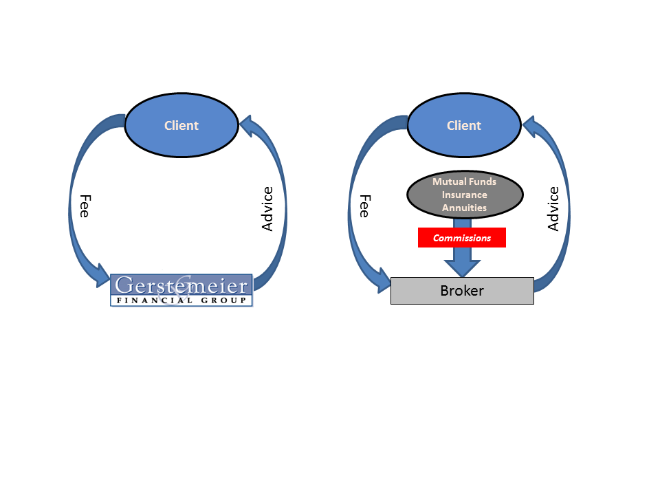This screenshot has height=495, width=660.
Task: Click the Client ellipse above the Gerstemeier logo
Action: click(181, 125)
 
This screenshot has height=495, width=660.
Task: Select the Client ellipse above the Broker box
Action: click(464, 125)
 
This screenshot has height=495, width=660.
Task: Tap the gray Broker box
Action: click(462, 290)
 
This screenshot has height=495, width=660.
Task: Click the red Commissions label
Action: click(462, 238)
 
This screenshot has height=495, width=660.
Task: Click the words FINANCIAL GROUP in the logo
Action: click(181, 300)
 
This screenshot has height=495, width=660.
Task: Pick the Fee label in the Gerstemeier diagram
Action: click(85, 206)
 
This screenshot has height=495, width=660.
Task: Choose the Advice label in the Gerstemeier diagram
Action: click(267, 209)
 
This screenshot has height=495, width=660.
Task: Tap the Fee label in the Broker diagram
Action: click(364, 206)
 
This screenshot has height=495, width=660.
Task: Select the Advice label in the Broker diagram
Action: click(553, 209)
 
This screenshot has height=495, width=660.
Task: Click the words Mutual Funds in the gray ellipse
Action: click(464, 181)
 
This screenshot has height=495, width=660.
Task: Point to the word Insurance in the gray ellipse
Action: click(464, 195)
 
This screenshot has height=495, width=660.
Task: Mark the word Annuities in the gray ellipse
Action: click(464, 208)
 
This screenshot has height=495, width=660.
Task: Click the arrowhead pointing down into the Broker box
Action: click(462, 268)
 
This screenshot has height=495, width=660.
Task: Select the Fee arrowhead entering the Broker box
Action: click(383, 280)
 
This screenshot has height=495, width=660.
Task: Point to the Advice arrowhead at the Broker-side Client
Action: click(531, 126)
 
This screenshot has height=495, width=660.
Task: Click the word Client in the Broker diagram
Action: click(464, 125)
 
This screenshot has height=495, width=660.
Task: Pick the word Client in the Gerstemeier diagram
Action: click(181, 125)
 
